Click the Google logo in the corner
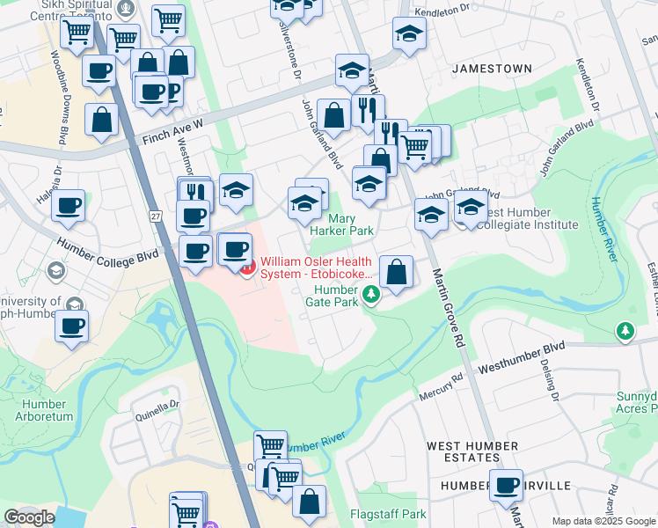click(29, 517)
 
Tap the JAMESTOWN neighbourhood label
click(492, 68)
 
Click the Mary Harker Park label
click(351, 224)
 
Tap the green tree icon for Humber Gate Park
click(372, 293)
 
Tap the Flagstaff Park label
click(388, 514)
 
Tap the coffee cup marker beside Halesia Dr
click(68, 207)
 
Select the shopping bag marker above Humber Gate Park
click(397, 271)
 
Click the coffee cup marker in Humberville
click(506, 485)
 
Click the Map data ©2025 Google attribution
click(603, 521)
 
